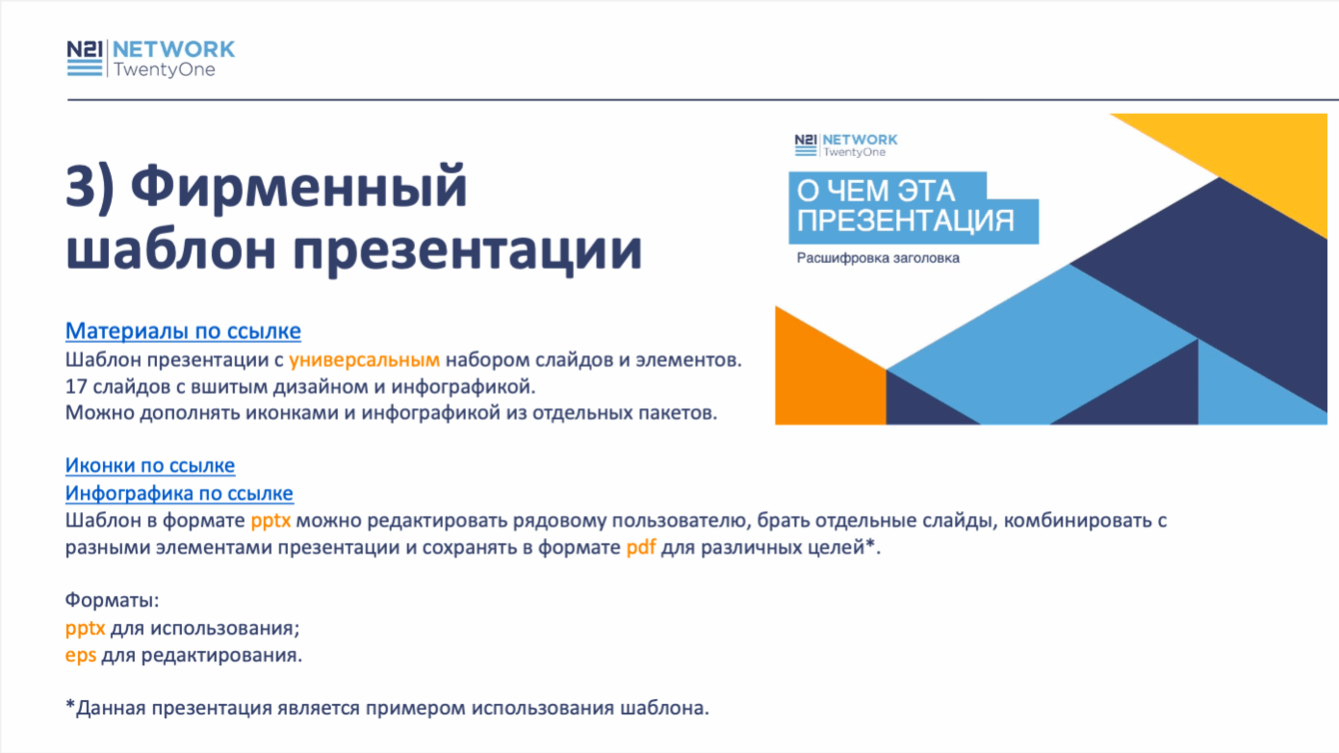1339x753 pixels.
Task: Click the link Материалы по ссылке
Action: tap(183, 332)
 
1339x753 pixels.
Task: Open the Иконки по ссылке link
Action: tap(150, 465)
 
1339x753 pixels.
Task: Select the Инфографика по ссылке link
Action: tap(179, 493)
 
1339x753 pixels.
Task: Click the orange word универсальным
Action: tap(364, 361)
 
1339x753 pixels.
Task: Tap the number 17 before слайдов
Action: tap(76, 386)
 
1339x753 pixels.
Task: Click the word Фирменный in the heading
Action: tap(299, 187)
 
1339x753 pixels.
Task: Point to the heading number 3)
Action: tap(90, 188)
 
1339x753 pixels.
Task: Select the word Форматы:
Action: tap(112, 600)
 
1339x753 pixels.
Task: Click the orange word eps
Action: tap(81, 655)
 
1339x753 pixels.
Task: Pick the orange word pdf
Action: tap(641, 547)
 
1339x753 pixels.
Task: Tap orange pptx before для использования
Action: tap(86, 629)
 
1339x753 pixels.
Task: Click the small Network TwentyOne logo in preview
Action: tap(845, 145)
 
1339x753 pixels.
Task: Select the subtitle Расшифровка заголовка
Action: tap(878, 259)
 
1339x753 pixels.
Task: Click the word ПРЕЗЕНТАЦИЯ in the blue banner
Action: tap(905, 221)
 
